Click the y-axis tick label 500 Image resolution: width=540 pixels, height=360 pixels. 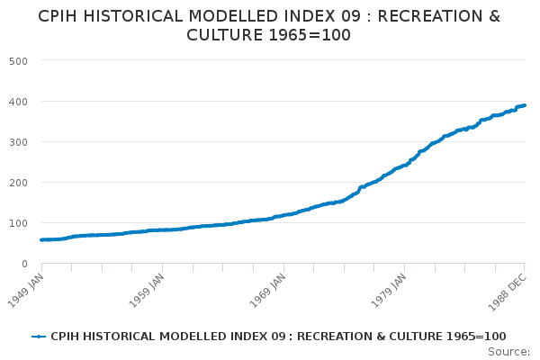click(x=18, y=61)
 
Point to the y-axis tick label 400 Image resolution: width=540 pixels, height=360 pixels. click(x=18, y=102)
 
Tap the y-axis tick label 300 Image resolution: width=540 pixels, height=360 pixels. click(x=18, y=142)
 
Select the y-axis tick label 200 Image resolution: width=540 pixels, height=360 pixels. click(x=18, y=183)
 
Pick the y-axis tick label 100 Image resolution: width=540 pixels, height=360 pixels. click(x=18, y=223)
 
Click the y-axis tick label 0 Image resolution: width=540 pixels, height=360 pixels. click(x=24, y=264)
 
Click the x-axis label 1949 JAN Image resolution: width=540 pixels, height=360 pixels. click(x=25, y=291)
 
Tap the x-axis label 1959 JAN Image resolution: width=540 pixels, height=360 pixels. click(x=147, y=291)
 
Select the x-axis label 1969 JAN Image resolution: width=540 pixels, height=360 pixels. click(x=267, y=291)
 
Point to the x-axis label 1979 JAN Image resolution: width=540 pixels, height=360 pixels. click(x=389, y=291)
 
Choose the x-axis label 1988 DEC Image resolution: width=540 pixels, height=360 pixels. click(x=508, y=292)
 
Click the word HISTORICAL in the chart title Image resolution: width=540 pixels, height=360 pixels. click(x=132, y=16)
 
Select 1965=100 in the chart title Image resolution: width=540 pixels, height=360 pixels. click(x=310, y=35)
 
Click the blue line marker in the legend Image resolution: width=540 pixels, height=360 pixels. click(x=39, y=337)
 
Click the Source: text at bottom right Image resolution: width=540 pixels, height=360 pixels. click(x=508, y=352)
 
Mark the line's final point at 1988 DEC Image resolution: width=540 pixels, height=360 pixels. click(x=524, y=105)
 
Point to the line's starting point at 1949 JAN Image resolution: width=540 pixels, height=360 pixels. click(x=42, y=239)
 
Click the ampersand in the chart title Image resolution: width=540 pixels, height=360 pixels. click(x=494, y=16)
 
